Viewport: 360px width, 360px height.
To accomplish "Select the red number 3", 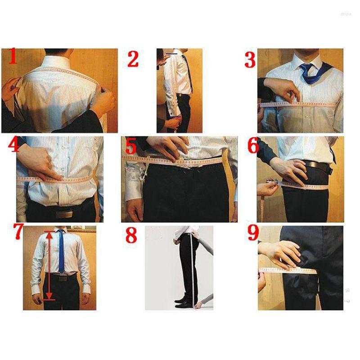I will pyautogui.click(x=250, y=59).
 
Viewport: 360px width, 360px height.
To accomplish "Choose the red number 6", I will pyautogui.click(x=252, y=146).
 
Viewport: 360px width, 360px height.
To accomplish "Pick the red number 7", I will pyautogui.click(x=18, y=232).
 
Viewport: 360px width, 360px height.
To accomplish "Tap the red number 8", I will pyautogui.click(x=131, y=235).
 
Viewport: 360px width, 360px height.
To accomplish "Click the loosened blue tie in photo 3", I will pyautogui.click(x=310, y=73).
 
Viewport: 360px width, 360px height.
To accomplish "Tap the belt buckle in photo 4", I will pyautogui.click(x=63, y=214).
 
